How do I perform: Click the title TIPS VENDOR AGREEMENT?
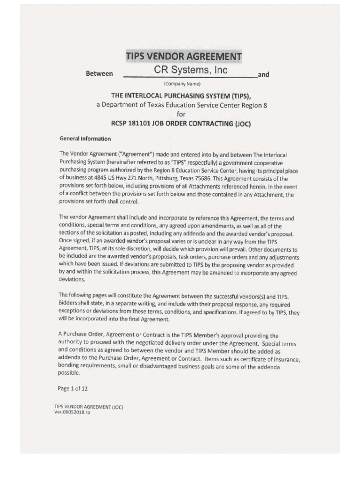coord(183,57)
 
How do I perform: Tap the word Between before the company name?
coord(99,74)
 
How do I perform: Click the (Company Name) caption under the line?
coord(182,84)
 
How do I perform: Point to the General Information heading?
coord(85,138)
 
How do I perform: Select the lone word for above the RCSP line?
coord(181,114)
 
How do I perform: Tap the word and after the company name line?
coord(264,74)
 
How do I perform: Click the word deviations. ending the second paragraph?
coord(72,279)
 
